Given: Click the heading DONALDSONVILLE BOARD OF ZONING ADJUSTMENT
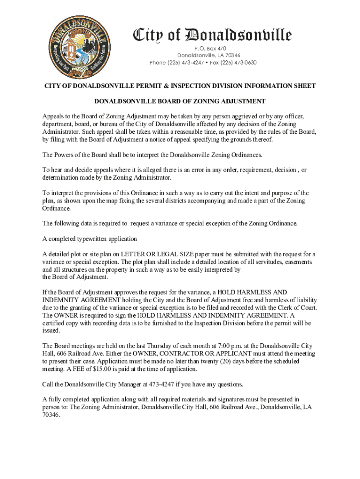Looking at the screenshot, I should point(180,101).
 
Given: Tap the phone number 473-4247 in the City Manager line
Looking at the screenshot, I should point(162,385).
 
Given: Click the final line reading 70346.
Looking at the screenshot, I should point(51,415).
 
